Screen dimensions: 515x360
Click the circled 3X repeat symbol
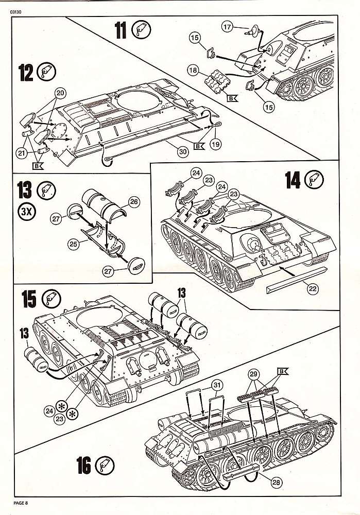point(25,212)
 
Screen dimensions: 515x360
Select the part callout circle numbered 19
point(215,145)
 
